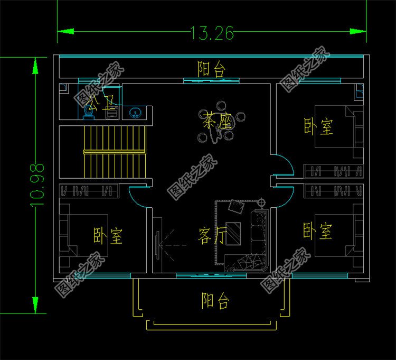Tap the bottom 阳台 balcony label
click(215, 301)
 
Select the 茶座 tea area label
click(217, 123)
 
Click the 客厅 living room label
click(212, 236)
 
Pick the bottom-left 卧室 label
click(108, 235)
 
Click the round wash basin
click(136, 113)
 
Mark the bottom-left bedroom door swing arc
click(137, 198)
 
